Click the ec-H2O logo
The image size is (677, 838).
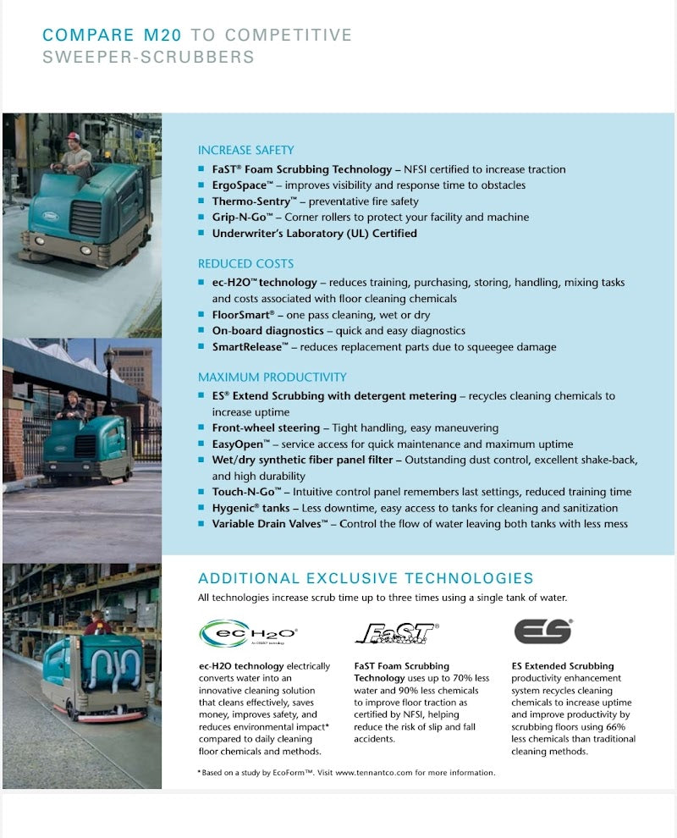248,633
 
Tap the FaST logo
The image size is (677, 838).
395,633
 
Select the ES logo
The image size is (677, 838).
542,631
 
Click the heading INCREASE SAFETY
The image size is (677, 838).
246,150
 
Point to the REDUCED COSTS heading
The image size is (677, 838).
246,263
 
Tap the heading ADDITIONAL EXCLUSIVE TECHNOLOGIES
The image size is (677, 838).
366,579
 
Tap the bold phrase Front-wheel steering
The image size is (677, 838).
266,428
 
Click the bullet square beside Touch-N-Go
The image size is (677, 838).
201,493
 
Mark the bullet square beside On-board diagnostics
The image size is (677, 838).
201,331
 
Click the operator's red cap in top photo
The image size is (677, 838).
74,136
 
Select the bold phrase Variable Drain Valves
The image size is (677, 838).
269,524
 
